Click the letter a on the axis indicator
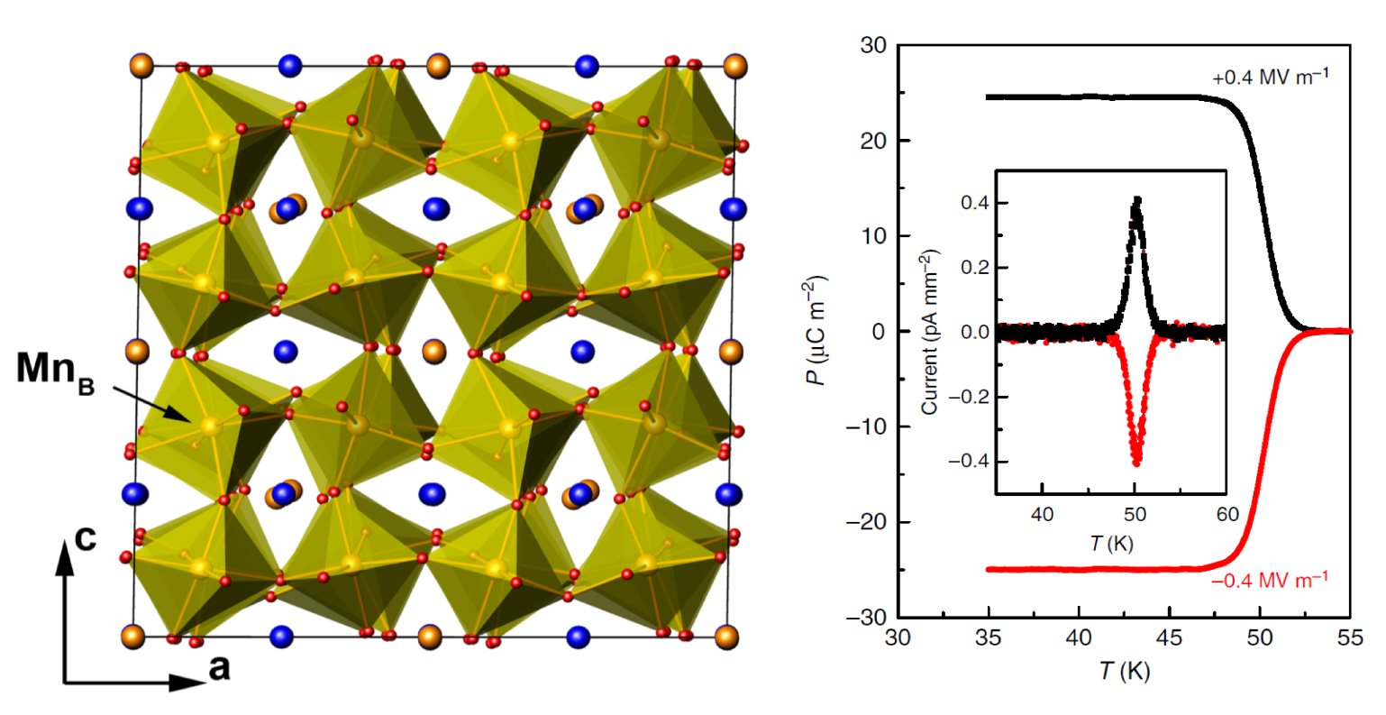click(218, 668)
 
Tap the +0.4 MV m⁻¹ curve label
click(1270, 78)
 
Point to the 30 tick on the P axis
click(872, 45)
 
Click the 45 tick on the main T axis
click(1169, 638)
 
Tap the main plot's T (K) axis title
click(1123, 671)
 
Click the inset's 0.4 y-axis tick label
click(975, 204)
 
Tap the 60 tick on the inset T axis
click(1227, 514)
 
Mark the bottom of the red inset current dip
click(1136, 463)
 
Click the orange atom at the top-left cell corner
click(141, 66)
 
